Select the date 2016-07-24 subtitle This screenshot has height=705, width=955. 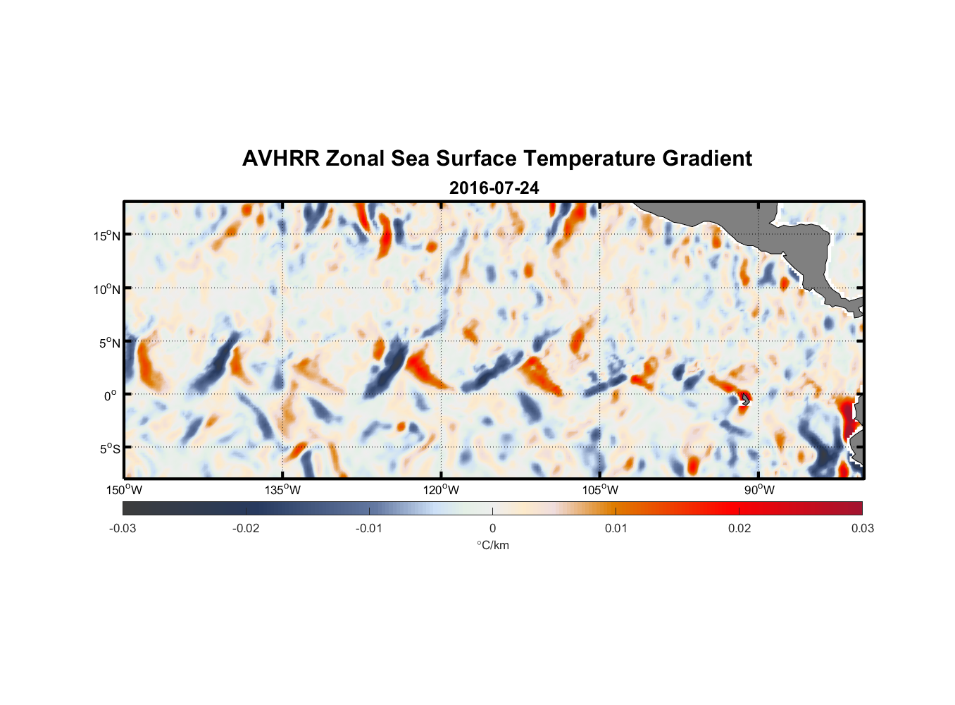point(494,188)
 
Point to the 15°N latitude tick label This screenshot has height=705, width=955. point(106,235)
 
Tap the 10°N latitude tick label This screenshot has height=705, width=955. point(106,289)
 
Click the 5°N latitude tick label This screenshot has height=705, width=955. point(108,343)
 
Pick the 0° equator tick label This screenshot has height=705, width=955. point(111,396)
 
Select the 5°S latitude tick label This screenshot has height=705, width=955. point(108,448)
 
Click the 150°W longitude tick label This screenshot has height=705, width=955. point(125,490)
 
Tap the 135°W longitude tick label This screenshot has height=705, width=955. point(283,490)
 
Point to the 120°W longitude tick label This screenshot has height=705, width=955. point(442,490)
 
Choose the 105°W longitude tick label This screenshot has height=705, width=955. point(600,490)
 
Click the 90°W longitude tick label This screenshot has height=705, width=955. point(759,490)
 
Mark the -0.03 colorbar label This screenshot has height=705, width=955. point(123,528)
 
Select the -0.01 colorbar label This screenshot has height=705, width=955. point(369,528)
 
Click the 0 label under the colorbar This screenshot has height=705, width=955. point(492,528)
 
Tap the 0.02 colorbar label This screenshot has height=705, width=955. point(739,528)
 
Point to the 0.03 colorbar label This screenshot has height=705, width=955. point(862,528)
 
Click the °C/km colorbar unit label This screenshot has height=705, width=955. point(493,545)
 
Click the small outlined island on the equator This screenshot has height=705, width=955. point(745,399)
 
